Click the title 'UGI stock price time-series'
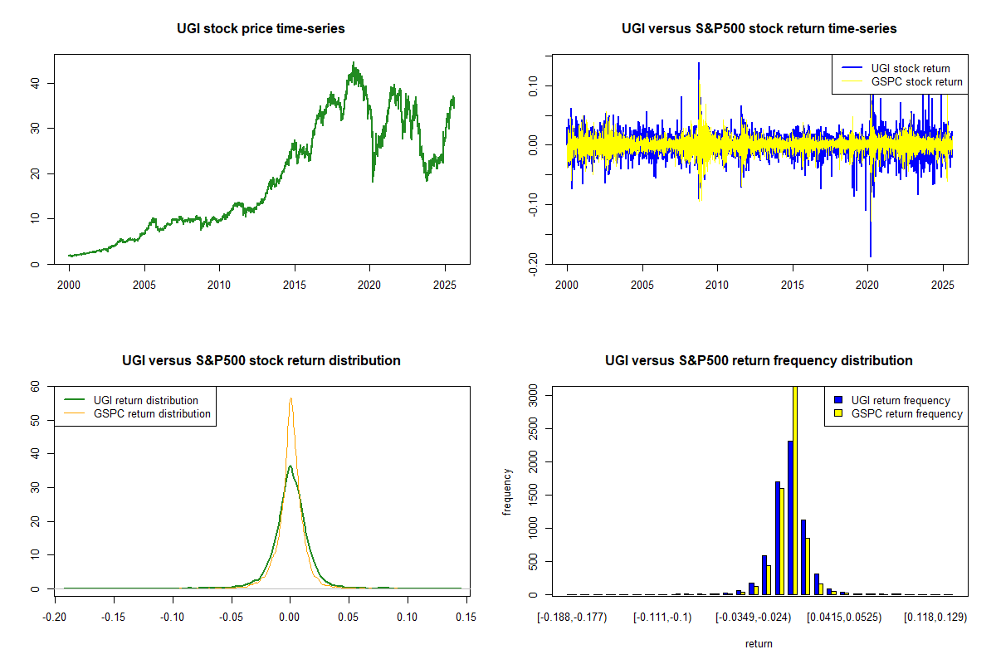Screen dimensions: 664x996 click(x=261, y=28)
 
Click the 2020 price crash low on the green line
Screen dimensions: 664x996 click(x=372, y=181)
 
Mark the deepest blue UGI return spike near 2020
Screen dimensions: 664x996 click(x=871, y=256)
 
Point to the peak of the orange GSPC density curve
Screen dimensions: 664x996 click(x=290, y=398)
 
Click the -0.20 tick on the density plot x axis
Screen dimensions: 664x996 click(x=55, y=618)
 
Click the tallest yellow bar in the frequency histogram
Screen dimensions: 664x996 click(x=794, y=490)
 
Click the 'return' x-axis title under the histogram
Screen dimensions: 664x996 click(x=759, y=643)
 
